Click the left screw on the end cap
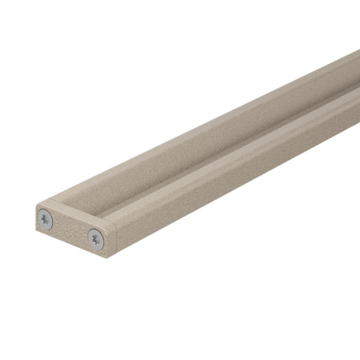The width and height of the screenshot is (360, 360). coord(46,219)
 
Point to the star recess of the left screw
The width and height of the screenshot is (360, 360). coord(46,219)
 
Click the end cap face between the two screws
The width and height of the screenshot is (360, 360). coord(70,229)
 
